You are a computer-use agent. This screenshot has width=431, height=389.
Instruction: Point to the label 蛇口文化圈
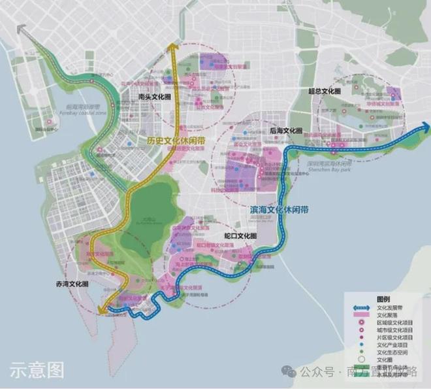point(240,235)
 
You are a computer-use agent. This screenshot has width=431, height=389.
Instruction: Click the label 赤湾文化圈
point(69,284)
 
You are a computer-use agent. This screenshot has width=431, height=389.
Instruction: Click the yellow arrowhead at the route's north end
point(173,46)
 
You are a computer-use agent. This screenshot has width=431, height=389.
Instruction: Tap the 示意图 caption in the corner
point(37,370)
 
